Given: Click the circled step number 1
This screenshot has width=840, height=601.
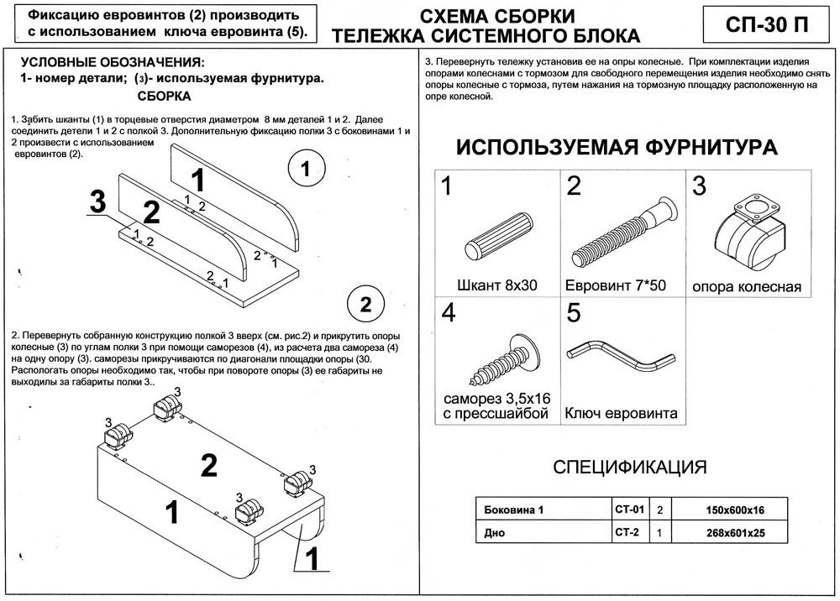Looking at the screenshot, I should click(x=306, y=170).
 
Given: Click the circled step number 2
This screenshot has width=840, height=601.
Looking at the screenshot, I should click(x=365, y=302).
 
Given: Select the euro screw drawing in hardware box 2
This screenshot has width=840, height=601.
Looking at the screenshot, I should click(x=624, y=230).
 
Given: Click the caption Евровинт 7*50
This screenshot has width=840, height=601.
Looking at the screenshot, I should click(x=616, y=285).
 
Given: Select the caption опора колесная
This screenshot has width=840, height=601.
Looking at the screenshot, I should click(x=747, y=287).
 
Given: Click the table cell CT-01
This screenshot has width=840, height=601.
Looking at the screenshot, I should click(x=628, y=510).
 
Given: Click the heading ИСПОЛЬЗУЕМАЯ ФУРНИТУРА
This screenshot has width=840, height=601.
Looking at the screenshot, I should click(x=616, y=148).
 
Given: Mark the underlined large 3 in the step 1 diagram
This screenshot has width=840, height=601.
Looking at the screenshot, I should click(x=98, y=202).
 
